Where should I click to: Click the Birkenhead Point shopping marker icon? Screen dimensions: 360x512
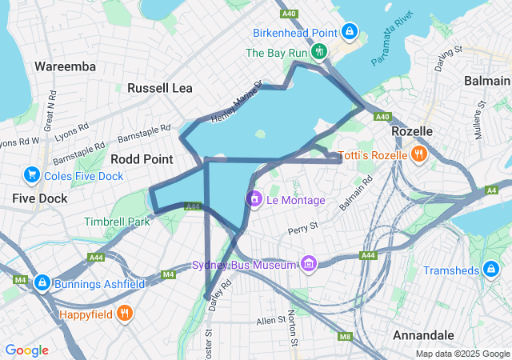point(349,32)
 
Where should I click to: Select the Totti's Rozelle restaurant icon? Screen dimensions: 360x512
point(418,154)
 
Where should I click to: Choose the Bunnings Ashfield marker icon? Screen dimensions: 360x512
point(42,283)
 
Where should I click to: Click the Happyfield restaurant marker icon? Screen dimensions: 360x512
point(124,314)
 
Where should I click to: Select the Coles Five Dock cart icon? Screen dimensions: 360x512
point(32,174)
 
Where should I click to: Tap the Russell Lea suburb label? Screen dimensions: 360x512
point(160,87)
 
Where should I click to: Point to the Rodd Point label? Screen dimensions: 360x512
point(142,158)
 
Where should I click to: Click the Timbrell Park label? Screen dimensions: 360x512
point(117,222)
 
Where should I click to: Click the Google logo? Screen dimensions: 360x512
point(26,350)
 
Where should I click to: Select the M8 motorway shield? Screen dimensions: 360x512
point(345,336)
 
